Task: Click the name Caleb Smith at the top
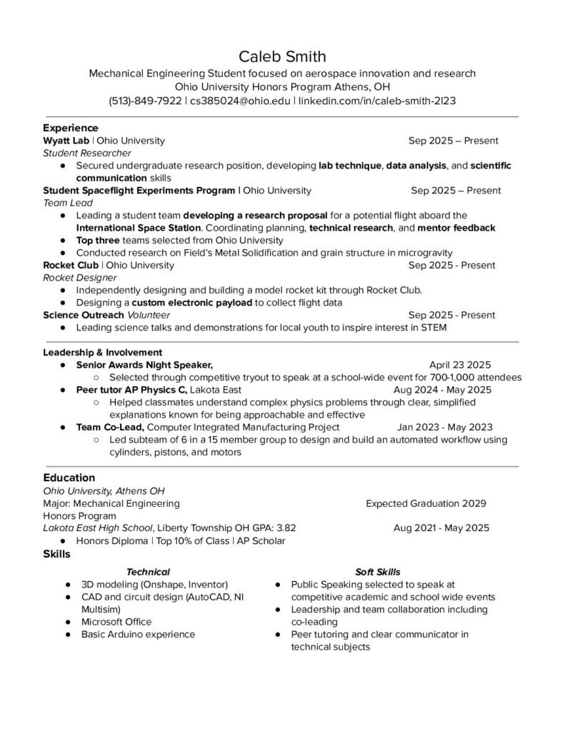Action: pos(282,56)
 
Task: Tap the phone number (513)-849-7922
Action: pos(145,101)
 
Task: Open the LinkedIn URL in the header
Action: pos(376,101)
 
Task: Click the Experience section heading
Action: pos(70,128)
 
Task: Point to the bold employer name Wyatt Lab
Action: pos(66,141)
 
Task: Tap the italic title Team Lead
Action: pos(64,203)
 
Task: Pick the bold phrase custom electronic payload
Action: pos(191,303)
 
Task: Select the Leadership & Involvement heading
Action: pos(103,352)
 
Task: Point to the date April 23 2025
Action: pos(460,365)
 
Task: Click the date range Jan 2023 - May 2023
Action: pos(445,427)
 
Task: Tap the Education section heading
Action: pos(69,477)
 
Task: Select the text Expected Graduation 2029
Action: pos(426,503)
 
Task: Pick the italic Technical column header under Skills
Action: pos(148,571)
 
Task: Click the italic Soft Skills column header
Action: pos(377,571)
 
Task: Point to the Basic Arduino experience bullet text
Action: pos(138,634)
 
